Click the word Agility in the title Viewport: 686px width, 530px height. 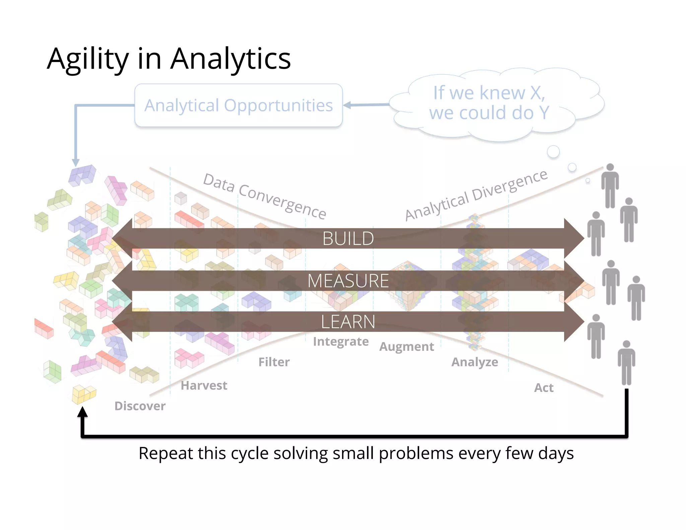tap(88, 59)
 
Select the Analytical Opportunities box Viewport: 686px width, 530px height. tap(238, 105)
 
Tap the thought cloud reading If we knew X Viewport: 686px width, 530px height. tap(489, 103)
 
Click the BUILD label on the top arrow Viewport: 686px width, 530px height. tap(348, 239)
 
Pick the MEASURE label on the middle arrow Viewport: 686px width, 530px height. tap(348, 281)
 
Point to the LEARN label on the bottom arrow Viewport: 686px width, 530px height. tap(348, 322)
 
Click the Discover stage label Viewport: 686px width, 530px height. tap(140, 406)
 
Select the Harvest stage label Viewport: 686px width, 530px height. tap(204, 386)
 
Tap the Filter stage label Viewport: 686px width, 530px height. tap(274, 362)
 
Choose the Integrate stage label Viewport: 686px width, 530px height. tap(341, 341)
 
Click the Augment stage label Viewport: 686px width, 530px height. tap(407, 347)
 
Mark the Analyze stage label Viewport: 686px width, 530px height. tap(475, 362)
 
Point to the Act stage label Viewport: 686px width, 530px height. tap(544, 388)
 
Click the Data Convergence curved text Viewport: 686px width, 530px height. tap(265, 196)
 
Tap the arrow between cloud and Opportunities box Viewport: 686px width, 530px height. tap(366, 105)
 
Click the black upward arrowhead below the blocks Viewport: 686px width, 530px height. tap(82, 412)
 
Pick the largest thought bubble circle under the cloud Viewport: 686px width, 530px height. tap(553, 151)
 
